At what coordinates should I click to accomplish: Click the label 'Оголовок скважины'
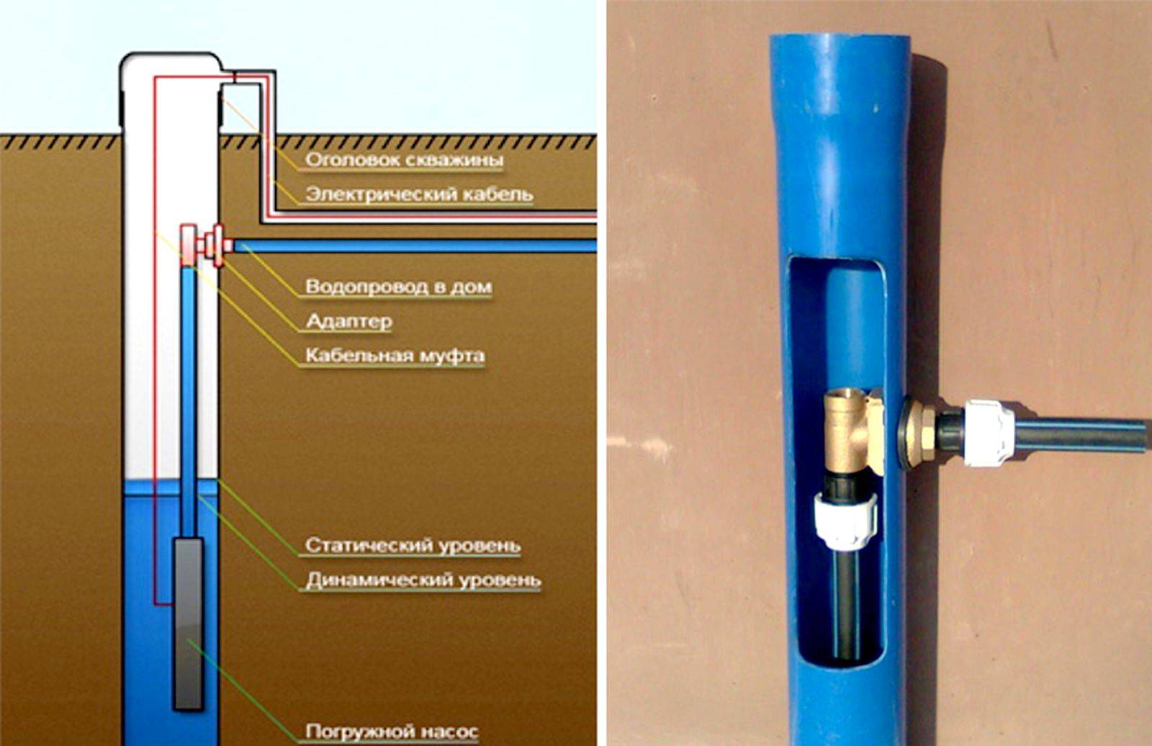coord(404,159)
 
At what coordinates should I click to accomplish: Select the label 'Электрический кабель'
coord(419,194)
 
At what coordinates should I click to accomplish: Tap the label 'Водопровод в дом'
coord(399,287)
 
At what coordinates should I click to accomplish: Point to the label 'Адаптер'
coord(349,322)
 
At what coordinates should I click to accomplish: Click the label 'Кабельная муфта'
coord(395,356)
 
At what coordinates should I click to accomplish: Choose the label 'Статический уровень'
coord(413,545)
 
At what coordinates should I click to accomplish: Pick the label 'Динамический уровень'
coord(423,580)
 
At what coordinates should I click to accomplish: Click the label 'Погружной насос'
coord(392,731)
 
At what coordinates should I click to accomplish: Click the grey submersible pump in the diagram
coord(188,624)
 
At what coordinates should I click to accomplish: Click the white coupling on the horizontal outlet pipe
coord(989,432)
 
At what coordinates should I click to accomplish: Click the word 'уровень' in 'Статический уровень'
coord(471,545)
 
